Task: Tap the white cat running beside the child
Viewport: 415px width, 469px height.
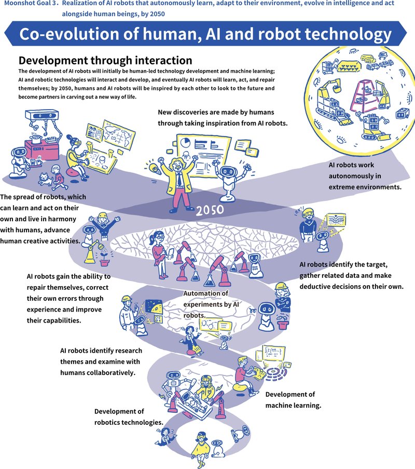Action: click(x=46, y=180)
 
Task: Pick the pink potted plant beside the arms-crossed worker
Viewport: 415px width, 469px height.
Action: click(x=282, y=324)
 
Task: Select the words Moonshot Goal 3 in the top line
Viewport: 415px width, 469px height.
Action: click(x=30, y=4)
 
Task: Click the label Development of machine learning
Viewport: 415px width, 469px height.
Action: click(x=290, y=400)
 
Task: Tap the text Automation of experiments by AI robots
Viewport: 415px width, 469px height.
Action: click(x=206, y=304)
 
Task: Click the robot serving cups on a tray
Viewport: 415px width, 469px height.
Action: click(x=21, y=158)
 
